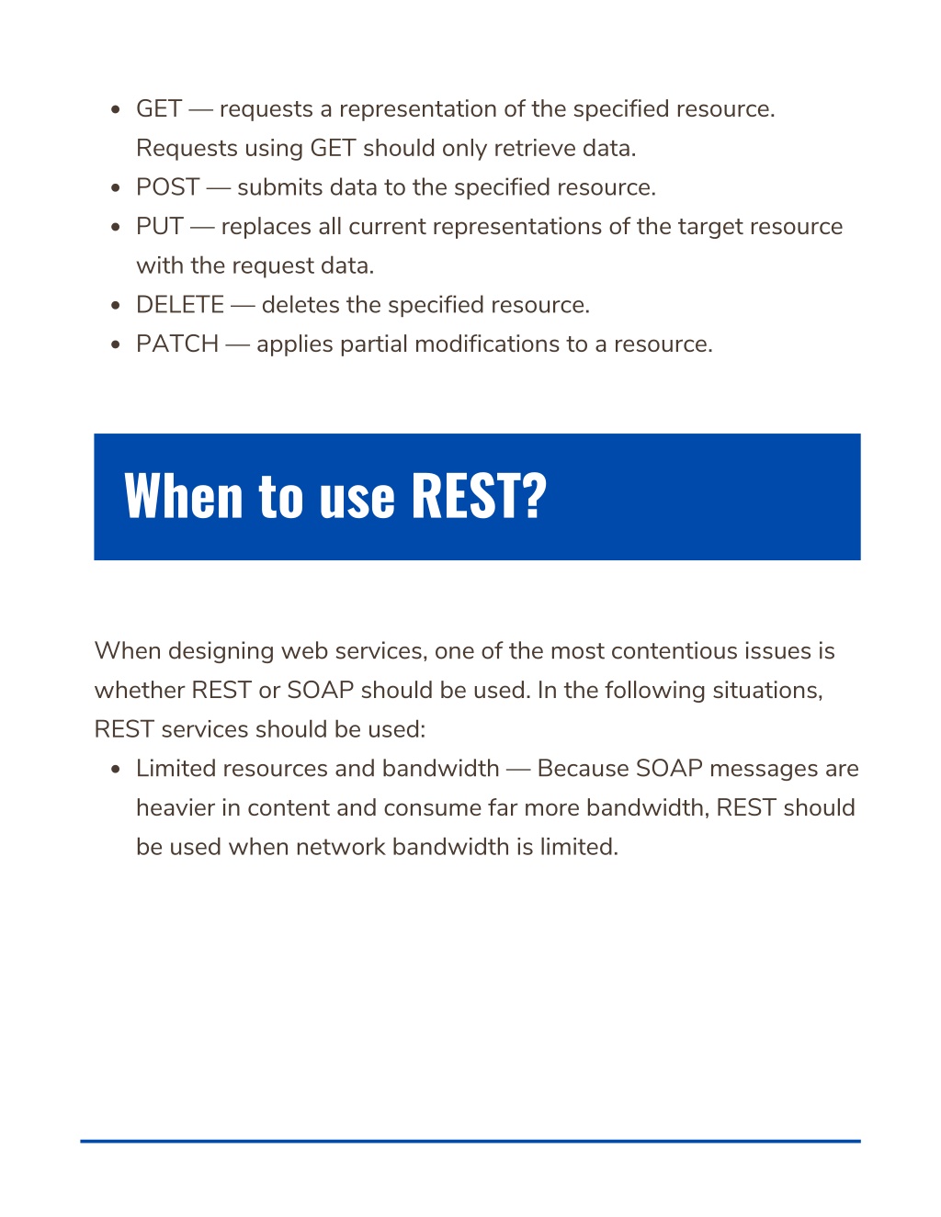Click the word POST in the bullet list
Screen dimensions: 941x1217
[x=167, y=187]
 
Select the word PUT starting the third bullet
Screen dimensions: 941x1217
[x=160, y=226]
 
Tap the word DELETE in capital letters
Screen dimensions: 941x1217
[x=180, y=305]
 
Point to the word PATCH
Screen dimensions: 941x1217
[x=177, y=344]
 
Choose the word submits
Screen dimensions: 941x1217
[x=280, y=187]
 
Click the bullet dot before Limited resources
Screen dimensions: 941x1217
[x=116, y=770]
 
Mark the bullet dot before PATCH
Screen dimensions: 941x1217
[x=116, y=345]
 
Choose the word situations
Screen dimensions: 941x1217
[x=767, y=691]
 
